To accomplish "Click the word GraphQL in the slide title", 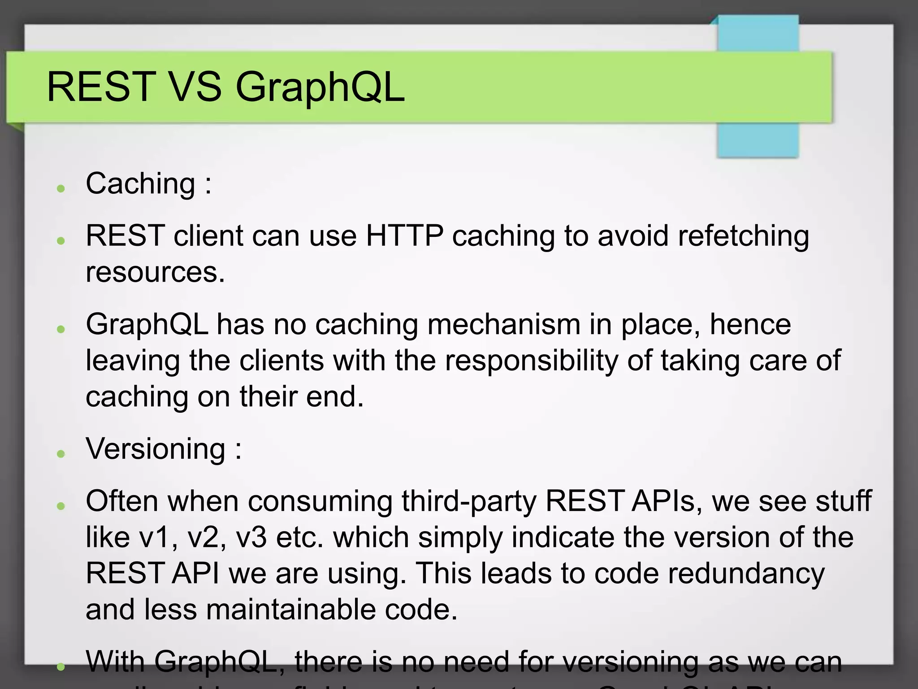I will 320,87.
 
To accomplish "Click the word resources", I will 155,272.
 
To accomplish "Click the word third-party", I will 468,501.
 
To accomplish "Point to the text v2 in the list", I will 207,537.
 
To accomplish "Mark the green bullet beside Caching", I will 61,188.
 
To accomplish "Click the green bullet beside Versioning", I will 61,454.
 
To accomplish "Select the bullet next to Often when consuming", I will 61,506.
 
